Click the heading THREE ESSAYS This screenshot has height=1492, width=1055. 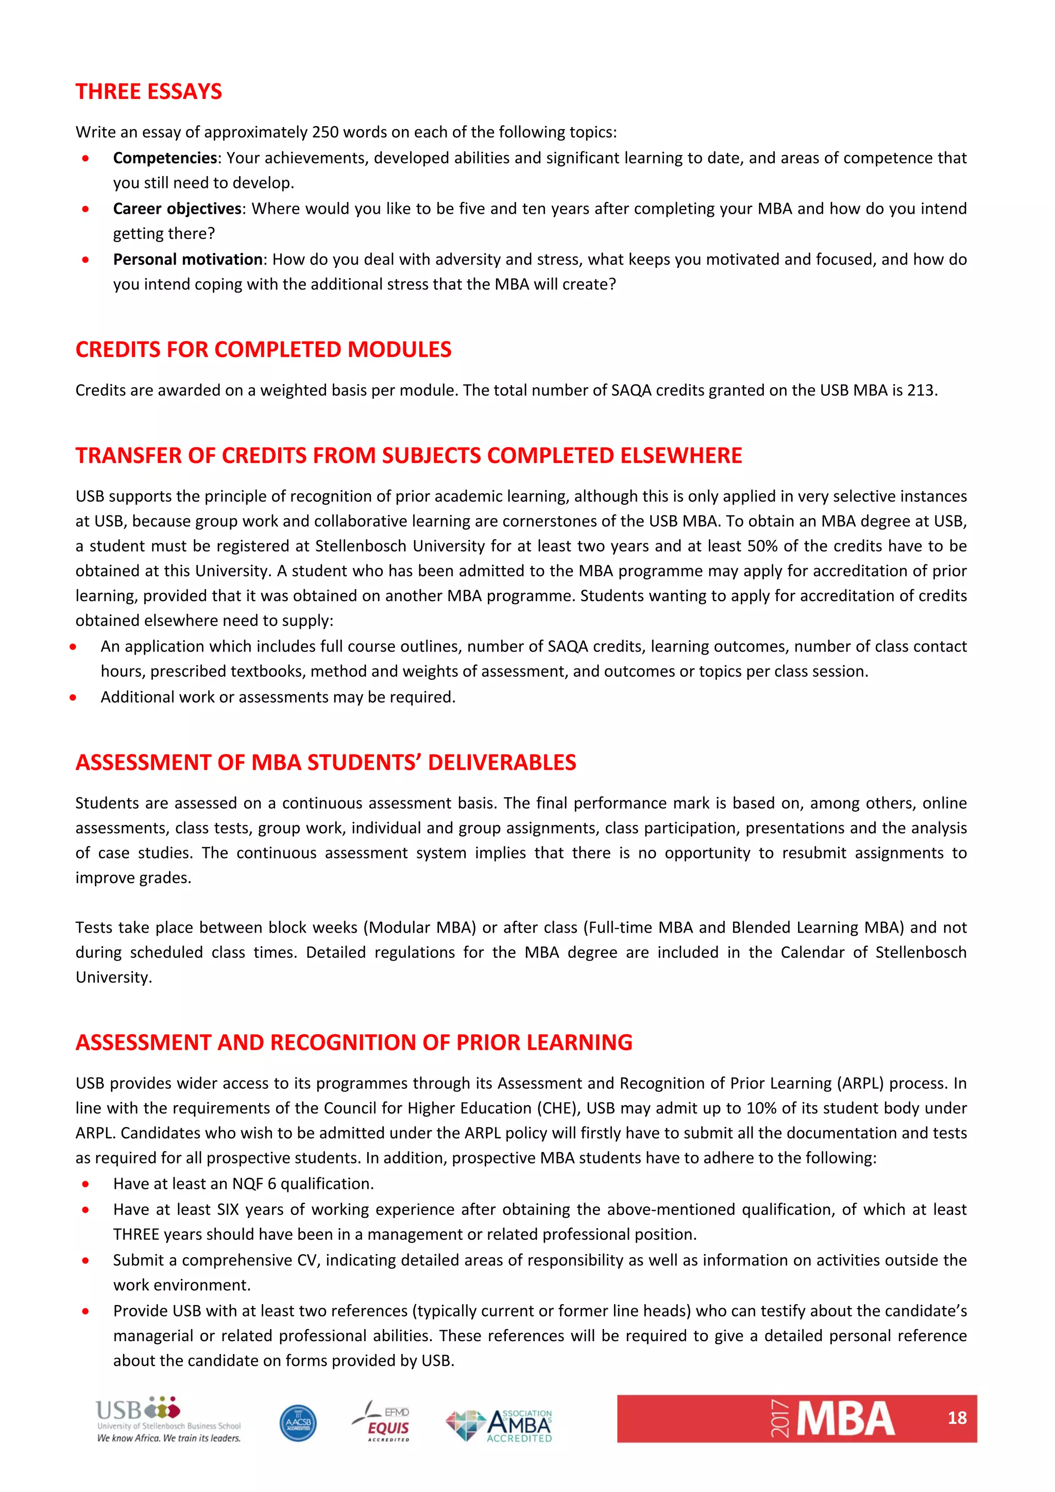pyautogui.click(x=148, y=92)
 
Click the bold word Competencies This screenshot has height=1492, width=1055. pyautogui.click(x=164, y=158)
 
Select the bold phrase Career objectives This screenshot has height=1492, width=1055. pyautogui.click(x=177, y=209)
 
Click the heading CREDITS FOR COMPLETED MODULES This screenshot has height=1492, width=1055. pyautogui.click(x=263, y=350)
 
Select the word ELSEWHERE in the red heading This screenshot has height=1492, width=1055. pyautogui.click(x=680, y=455)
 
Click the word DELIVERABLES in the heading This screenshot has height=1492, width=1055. pyautogui.click(x=502, y=762)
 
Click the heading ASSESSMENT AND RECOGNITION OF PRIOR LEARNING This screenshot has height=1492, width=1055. pyautogui.click(x=353, y=1042)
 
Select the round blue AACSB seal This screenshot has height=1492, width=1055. pyautogui.click(x=298, y=1423)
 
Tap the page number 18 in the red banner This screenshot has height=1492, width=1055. pyautogui.click(x=956, y=1418)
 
